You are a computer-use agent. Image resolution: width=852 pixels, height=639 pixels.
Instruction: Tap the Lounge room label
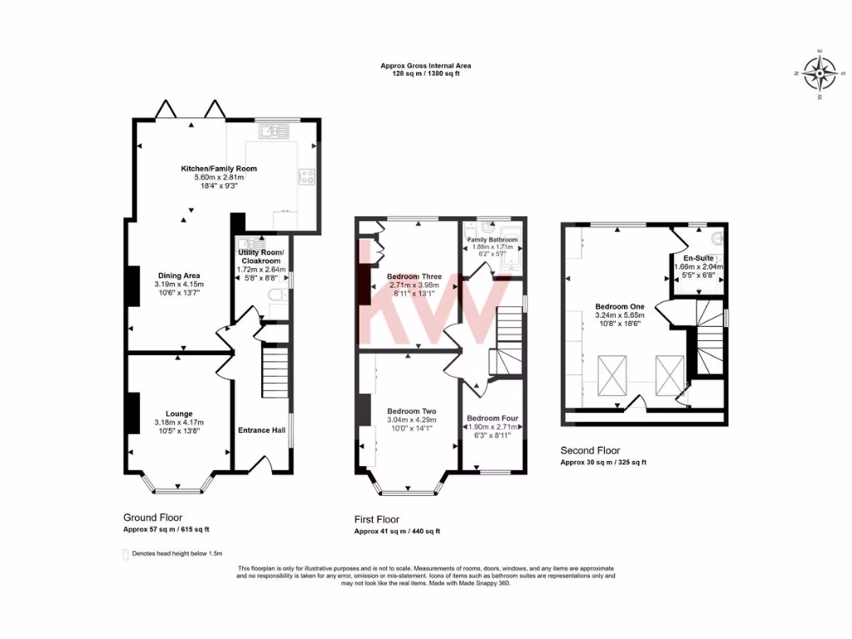point(179,414)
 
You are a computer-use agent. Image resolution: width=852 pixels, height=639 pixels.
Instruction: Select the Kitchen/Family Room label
point(219,169)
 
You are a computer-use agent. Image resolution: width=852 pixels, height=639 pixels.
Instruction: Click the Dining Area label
point(179,275)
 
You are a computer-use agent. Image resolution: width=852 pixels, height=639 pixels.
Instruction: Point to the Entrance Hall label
point(261,430)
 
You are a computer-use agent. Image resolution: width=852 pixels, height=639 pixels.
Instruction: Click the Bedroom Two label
point(411,411)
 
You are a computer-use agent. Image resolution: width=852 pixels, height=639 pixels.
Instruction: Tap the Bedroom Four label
point(493,418)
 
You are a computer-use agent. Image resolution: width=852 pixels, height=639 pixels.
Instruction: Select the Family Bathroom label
point(493,240)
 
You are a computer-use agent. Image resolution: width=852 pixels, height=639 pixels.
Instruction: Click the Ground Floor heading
point(152,518)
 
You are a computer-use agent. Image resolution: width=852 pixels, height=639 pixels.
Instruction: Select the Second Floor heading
point(590,450)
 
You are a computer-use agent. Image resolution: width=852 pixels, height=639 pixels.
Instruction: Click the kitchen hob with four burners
point(306,176)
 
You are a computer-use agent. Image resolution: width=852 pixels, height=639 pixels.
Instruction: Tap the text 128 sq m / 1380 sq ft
point(426,74)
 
